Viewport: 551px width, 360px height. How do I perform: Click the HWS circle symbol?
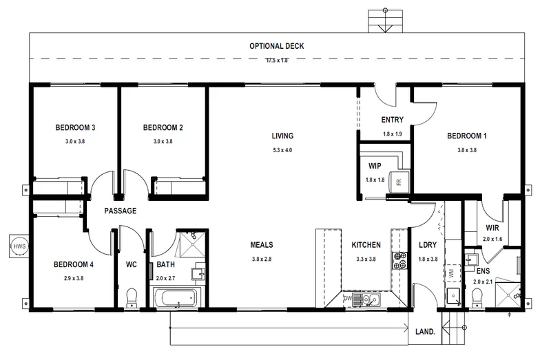(19, 246)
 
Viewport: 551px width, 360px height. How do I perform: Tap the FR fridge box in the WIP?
(399, 182)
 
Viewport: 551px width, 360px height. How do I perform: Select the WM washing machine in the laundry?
(452, 272)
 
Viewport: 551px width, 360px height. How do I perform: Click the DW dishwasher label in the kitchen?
(348, 299)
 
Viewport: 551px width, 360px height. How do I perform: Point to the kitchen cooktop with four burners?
(399, 261)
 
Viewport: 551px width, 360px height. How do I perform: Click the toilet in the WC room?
(132, 298)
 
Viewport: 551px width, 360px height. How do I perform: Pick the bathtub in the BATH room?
(176, 298)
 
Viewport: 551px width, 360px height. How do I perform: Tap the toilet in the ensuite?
(477, 298)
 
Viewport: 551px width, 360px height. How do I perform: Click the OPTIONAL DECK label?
(277, 46)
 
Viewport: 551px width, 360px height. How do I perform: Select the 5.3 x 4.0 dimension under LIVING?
(282, 150)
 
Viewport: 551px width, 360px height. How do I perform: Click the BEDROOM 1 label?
(467, 136)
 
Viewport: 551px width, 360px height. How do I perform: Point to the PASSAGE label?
(120, 211)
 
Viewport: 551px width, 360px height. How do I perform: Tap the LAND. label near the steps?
(425, 332)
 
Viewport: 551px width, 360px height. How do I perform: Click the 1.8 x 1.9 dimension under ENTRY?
(392, 134)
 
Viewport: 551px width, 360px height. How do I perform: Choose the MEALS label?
(262, 245)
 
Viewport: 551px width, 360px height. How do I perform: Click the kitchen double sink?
(366, 299)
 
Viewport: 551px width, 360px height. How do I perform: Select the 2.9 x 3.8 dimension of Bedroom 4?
(74, 278)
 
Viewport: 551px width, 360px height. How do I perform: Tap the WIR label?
(492, 228)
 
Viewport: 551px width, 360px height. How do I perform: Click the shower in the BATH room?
(191, 244)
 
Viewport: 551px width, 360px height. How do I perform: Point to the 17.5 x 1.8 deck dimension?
(277, 61)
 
